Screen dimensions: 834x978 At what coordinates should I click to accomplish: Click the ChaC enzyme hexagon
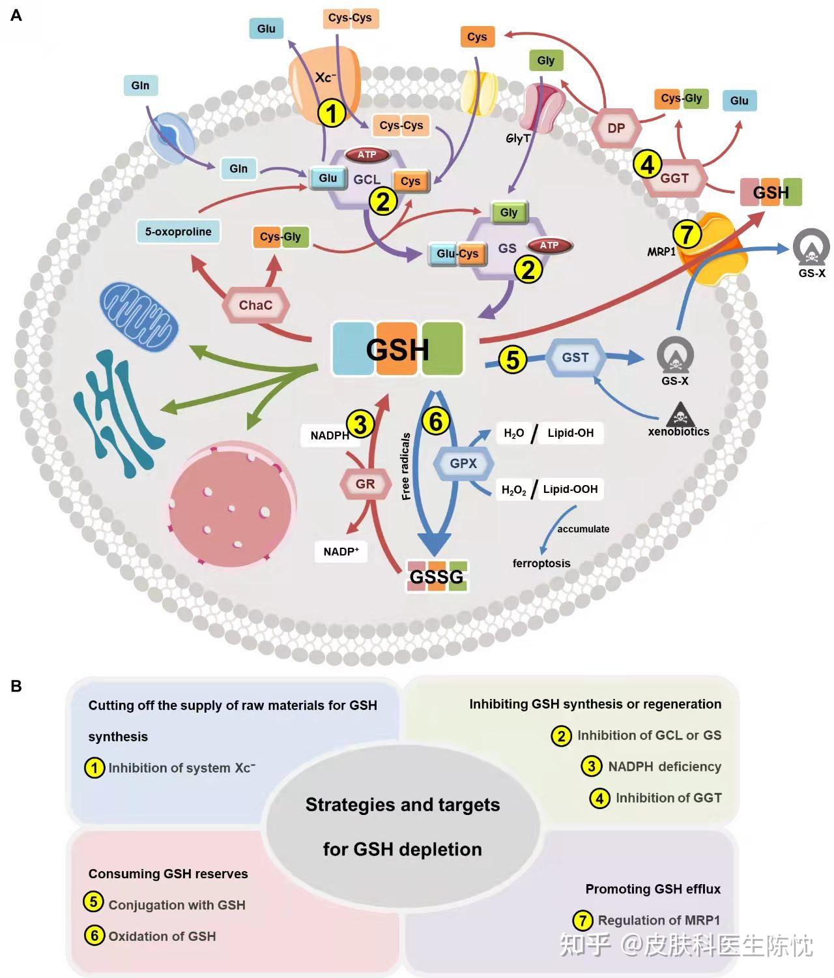tap(255, 305)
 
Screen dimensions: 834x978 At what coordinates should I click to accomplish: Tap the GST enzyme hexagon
tap(575, 357)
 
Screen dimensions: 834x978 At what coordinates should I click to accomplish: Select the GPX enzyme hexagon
tap(463, 463)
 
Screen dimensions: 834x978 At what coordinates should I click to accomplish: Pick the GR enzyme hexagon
tap(366, 484)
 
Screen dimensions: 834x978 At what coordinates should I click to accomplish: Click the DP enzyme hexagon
tap(616, 128)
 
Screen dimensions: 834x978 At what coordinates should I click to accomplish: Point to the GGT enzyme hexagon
tap(674, 179)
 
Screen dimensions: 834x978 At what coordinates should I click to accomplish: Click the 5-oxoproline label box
tap(179, 231)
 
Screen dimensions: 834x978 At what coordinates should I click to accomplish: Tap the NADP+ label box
tap(341, 552)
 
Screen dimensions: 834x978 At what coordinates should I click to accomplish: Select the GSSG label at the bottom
tap(437, 576)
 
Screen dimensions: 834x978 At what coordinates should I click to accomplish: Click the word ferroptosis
tap(541, 563)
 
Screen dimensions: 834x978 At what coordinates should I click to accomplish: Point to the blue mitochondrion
tap(139, 317)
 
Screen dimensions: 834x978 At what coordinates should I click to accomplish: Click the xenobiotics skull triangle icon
tap(680, 415)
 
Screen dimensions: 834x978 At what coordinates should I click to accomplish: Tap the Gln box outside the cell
tap(141, 85)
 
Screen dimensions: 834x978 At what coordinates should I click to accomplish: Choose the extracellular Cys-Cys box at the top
tap(351, 18)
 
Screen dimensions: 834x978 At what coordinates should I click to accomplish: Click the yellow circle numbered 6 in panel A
tap(436, 421)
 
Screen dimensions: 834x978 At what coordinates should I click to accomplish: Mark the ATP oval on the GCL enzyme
tap(367, 155)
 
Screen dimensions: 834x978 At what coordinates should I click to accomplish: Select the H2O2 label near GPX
tap(513, 490)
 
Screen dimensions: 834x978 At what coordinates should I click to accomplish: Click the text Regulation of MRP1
tap(659, 920)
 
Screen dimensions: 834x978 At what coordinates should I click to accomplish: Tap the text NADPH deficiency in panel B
tap(665, 767)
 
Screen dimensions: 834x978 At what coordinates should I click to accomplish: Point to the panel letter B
tap(16, 687)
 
